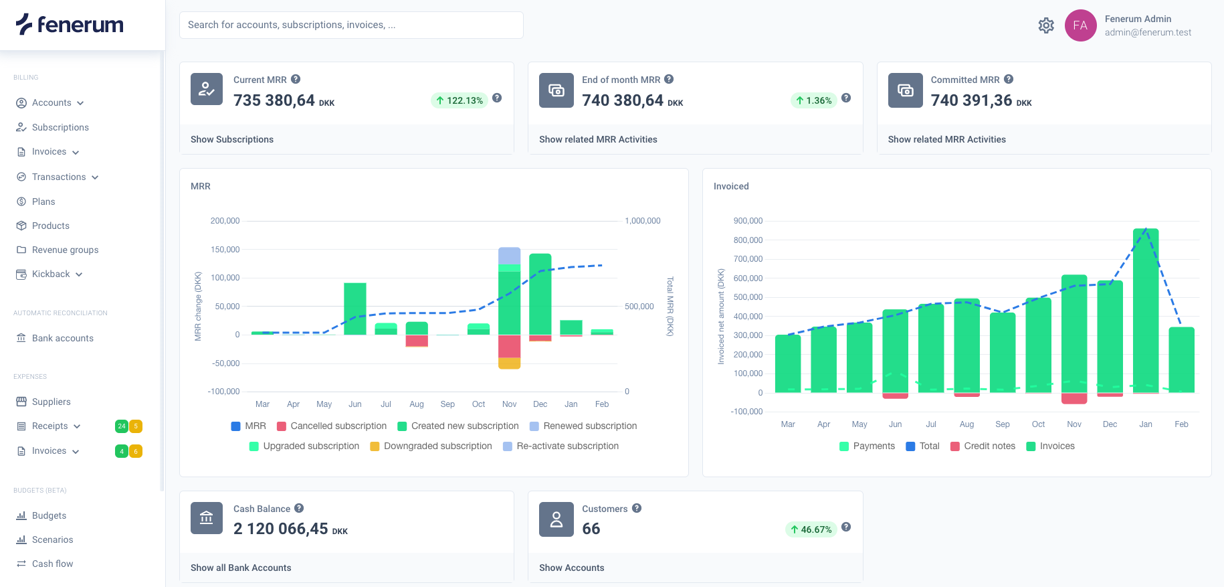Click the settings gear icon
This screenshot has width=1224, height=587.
click(1046, 25)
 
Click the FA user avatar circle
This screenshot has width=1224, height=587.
click(1080, 25)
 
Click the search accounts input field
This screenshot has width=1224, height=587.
click(351, 25)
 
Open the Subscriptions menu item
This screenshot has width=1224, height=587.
click(60, 127)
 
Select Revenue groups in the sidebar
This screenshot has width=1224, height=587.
click(65, 250)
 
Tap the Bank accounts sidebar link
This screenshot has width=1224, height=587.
click(62, 338)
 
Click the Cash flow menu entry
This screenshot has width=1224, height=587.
click(52, 564)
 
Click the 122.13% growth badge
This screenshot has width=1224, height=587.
click(460, 100)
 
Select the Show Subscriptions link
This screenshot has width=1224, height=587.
click(232, 139)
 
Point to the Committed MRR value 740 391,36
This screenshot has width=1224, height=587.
click(971, 100)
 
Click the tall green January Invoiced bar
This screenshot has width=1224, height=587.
click(1145, 311)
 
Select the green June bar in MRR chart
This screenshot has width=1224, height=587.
click(355, 309)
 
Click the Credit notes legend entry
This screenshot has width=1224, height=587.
click(983, 446)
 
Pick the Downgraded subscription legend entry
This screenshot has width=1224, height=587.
click(431, 446)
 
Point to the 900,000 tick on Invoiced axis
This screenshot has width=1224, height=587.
click(748, 221)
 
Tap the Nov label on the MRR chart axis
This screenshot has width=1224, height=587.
click(509, 404)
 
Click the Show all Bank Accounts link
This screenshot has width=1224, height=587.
click(241, 568)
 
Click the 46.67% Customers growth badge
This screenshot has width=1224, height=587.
click(811, 529)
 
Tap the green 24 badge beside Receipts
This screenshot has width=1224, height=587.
click(122, 426)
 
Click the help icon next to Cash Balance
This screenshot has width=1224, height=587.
click(299, 508)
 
